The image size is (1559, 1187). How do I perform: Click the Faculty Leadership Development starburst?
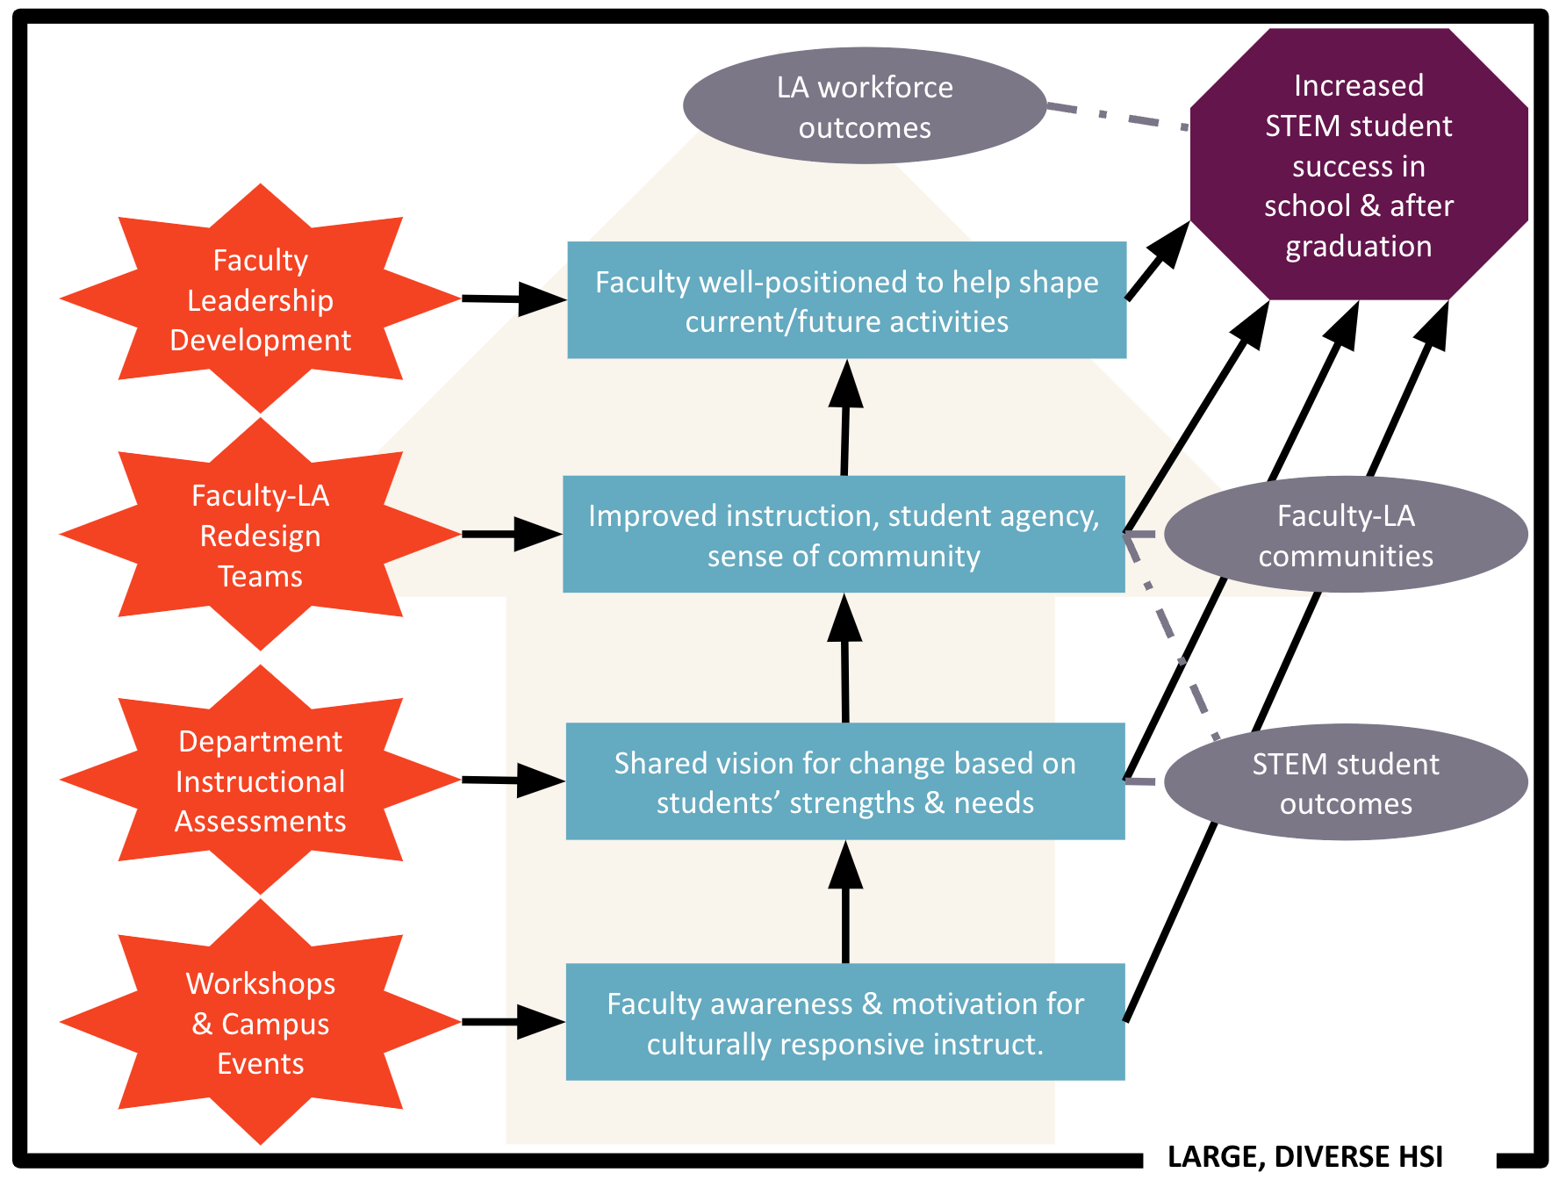pos(260,299)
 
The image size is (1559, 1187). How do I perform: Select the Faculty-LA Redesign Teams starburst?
pos(260,535)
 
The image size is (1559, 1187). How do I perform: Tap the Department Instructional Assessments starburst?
pos(260,781)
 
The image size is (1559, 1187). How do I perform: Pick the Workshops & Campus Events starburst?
pos(260,1023)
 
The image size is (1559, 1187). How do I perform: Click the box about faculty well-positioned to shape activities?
pos(846,300)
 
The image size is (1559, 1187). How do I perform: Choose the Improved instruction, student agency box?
pos(844,535)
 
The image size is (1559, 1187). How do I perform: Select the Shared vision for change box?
pos(845,781)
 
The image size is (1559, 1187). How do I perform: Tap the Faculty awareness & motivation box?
pos(845,1023)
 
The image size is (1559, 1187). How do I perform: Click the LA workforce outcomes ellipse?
pos(865,106)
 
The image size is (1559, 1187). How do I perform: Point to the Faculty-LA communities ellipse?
pos(1346,535)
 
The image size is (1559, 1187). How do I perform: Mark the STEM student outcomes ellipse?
pos(1346,782)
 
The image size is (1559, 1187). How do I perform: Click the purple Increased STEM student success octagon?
pos(1358,165)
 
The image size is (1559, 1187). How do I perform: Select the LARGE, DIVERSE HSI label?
pos(1304,1157)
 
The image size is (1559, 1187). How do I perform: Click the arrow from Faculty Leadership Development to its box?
pos(513,299)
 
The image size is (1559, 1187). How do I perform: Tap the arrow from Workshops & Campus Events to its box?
pos(513,1022)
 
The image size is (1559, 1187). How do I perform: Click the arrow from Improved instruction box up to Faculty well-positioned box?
pos(845,420)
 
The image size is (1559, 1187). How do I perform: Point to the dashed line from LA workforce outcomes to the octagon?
pos(1117,117)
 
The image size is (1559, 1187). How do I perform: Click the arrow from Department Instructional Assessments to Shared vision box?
pos(513,780)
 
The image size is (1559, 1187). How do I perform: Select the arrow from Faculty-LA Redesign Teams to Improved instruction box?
pos(511,534)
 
